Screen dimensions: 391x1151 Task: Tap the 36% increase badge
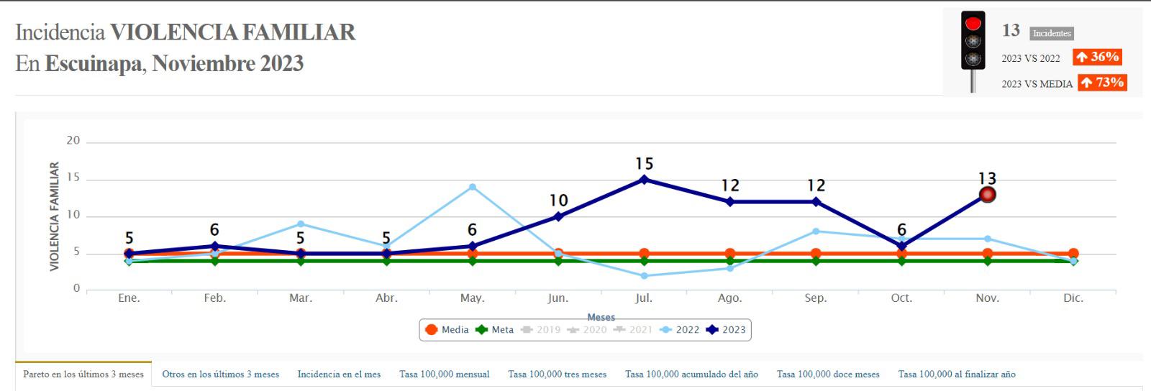[1097, 57]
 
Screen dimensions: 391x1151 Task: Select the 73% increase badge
[1101, 83]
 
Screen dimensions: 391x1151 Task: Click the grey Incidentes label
[1051, 33]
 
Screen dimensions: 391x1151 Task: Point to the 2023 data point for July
[644, 180]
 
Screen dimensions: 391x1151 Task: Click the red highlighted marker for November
[987, 195]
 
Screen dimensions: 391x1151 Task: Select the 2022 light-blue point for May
[472, 187]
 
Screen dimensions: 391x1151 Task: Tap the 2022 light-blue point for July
[644, 275]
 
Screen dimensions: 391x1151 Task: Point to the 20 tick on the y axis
[73, 141]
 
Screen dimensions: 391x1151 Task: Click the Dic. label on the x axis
[1073, 298]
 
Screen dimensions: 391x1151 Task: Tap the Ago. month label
[729, 298]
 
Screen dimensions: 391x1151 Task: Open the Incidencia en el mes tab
[339, 374]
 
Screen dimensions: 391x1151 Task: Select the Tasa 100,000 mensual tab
[444, 374]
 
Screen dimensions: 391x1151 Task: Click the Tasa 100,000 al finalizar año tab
[956, 374]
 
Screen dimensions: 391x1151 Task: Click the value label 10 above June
[558, 201]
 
